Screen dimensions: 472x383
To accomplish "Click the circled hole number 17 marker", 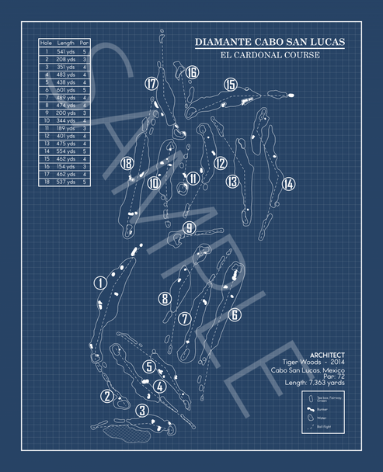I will coord(151,83).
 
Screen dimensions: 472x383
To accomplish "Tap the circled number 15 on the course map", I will coord(230,84).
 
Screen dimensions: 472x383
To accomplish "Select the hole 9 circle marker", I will coord(189,227).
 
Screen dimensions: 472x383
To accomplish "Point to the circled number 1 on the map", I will coord(99,283).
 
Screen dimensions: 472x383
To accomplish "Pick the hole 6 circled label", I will coord(234,314).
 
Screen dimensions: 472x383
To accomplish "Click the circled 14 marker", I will coord(288,184).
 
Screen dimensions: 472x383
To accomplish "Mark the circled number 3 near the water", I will coord(141,410).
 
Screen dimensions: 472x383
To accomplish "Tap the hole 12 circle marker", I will coord(221,163).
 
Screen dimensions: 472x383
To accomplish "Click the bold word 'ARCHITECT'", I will coord(327,354).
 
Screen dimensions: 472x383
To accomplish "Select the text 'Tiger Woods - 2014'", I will coord(314,362).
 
